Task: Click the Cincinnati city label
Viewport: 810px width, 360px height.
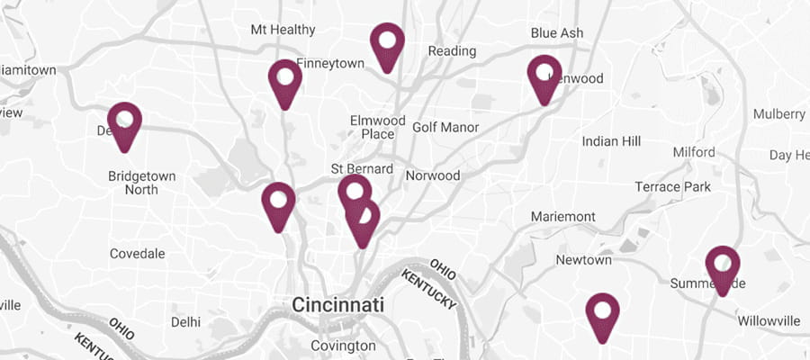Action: (x=337, y=304)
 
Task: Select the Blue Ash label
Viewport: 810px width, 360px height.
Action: (x=556, y=32)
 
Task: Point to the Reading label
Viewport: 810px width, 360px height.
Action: (x=451, y=50)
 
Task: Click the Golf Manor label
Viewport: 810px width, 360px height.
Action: (x=445, y=128)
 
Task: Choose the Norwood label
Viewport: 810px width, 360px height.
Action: (x=433, y=175)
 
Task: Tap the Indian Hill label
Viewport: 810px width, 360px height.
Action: (x=611, y=141)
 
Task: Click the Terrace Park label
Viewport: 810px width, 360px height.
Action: (x=672, y=187)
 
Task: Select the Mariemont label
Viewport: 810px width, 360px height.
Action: (x=563, y=217)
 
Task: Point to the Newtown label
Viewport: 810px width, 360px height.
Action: (x=583, y=260)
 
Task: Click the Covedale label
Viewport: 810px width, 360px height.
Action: (x=138, y=254)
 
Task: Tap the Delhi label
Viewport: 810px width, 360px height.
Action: (x=185, y=321)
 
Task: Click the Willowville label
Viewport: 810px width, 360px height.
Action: (x=769, y=320)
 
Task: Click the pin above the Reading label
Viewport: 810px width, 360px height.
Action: (x=388, y=43)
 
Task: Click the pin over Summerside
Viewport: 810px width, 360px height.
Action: (x=722, y=265)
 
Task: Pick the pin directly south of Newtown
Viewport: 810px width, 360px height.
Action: (x=603, y=312)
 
